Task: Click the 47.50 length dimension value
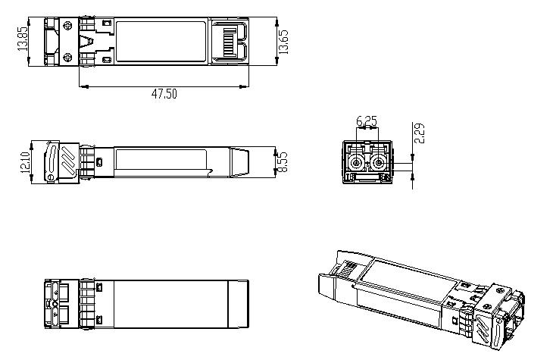164,94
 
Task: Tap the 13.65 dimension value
283,40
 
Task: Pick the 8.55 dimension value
283,162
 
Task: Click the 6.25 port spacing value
367,121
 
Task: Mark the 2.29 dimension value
420,133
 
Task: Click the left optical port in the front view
355,163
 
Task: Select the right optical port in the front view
378,163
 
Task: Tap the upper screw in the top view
69,26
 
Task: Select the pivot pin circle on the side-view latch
51,177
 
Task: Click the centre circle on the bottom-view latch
54,303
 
